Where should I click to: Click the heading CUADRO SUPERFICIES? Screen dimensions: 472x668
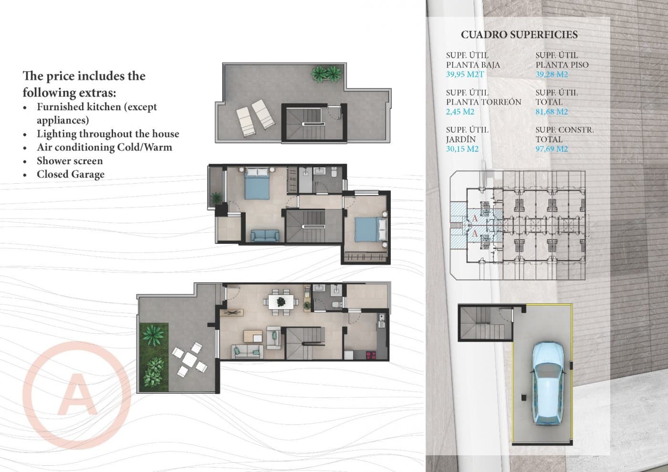[519, 35]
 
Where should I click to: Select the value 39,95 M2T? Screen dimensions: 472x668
[465, 74]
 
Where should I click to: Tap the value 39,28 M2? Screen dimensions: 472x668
[551, 74]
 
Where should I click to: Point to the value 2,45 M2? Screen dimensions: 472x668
[460, 112]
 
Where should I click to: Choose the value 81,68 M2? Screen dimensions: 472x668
[551, 112]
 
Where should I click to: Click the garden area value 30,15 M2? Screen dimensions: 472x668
[462, 149]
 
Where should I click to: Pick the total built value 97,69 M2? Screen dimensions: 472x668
[551, 149]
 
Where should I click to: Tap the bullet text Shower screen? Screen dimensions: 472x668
[70, 161]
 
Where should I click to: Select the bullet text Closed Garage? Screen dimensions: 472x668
[70, 174]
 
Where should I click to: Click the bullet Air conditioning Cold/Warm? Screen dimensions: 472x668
[104, 147]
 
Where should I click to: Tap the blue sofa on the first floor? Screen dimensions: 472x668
[265, 235]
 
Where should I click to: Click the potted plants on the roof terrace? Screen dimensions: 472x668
[327, 73]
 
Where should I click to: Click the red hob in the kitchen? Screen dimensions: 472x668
[370, 355]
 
